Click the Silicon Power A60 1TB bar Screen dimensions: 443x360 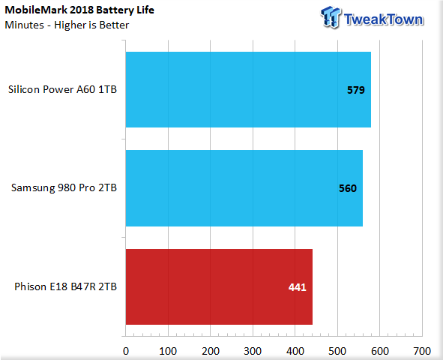(248, 89)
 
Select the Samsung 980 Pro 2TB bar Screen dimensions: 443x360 (244, 188)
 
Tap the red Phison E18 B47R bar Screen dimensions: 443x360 (219, 286)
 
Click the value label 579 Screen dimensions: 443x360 (356, 90)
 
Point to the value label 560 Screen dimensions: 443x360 (348, 188)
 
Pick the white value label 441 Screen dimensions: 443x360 (298, 287)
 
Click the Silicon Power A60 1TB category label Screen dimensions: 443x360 (62, 89)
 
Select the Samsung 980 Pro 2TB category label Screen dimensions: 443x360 (64, 188)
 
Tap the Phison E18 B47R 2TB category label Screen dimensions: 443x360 (65, 286)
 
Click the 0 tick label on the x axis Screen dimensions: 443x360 (126, 351)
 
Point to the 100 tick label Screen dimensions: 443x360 (168, 351)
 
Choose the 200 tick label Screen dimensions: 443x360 (211, 351)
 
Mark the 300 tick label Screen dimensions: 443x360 (253, 351)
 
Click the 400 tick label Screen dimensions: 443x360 (295, 351)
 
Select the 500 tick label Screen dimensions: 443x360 (337, 351)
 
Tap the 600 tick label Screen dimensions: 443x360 (380, 351)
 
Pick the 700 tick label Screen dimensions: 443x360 (422, 351)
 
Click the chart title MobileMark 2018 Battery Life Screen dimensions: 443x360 (79, 10)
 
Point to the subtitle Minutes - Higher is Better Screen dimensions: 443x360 (67, 25)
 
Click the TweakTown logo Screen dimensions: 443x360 (372, 18)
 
